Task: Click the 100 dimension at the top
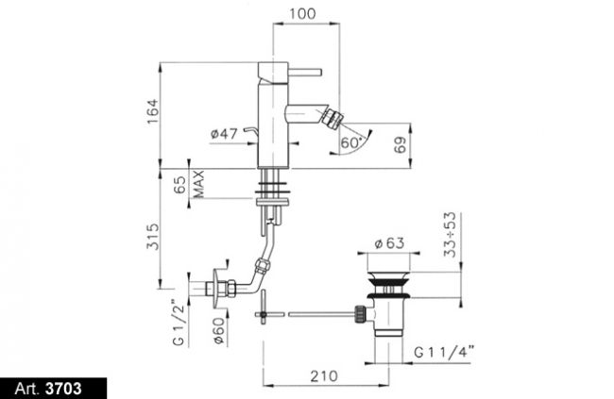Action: coord(302,14)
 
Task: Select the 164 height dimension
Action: coord(152,111)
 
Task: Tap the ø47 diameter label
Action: coord(224,134)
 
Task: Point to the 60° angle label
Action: coord(350,143)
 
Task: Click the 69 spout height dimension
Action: coord(400,144)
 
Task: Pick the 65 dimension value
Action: coord(179,184)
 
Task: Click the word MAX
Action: coord(198,184)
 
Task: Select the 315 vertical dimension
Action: coord(152,237)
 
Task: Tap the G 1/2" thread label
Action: coord(179,323)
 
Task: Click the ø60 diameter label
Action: coord(219,330)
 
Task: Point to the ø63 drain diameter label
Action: coord(389,243)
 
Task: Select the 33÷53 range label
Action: coord(450,235)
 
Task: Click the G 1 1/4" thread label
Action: coord(444,352)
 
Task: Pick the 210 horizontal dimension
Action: coord(324,376)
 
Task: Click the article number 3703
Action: coord(63,389)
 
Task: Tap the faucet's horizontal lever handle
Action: coord(305,73)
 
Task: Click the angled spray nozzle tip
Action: coord(336,119)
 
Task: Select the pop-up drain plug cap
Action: coord(388,277)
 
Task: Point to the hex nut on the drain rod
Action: coord(360,314)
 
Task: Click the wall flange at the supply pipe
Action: coord(216,289)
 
